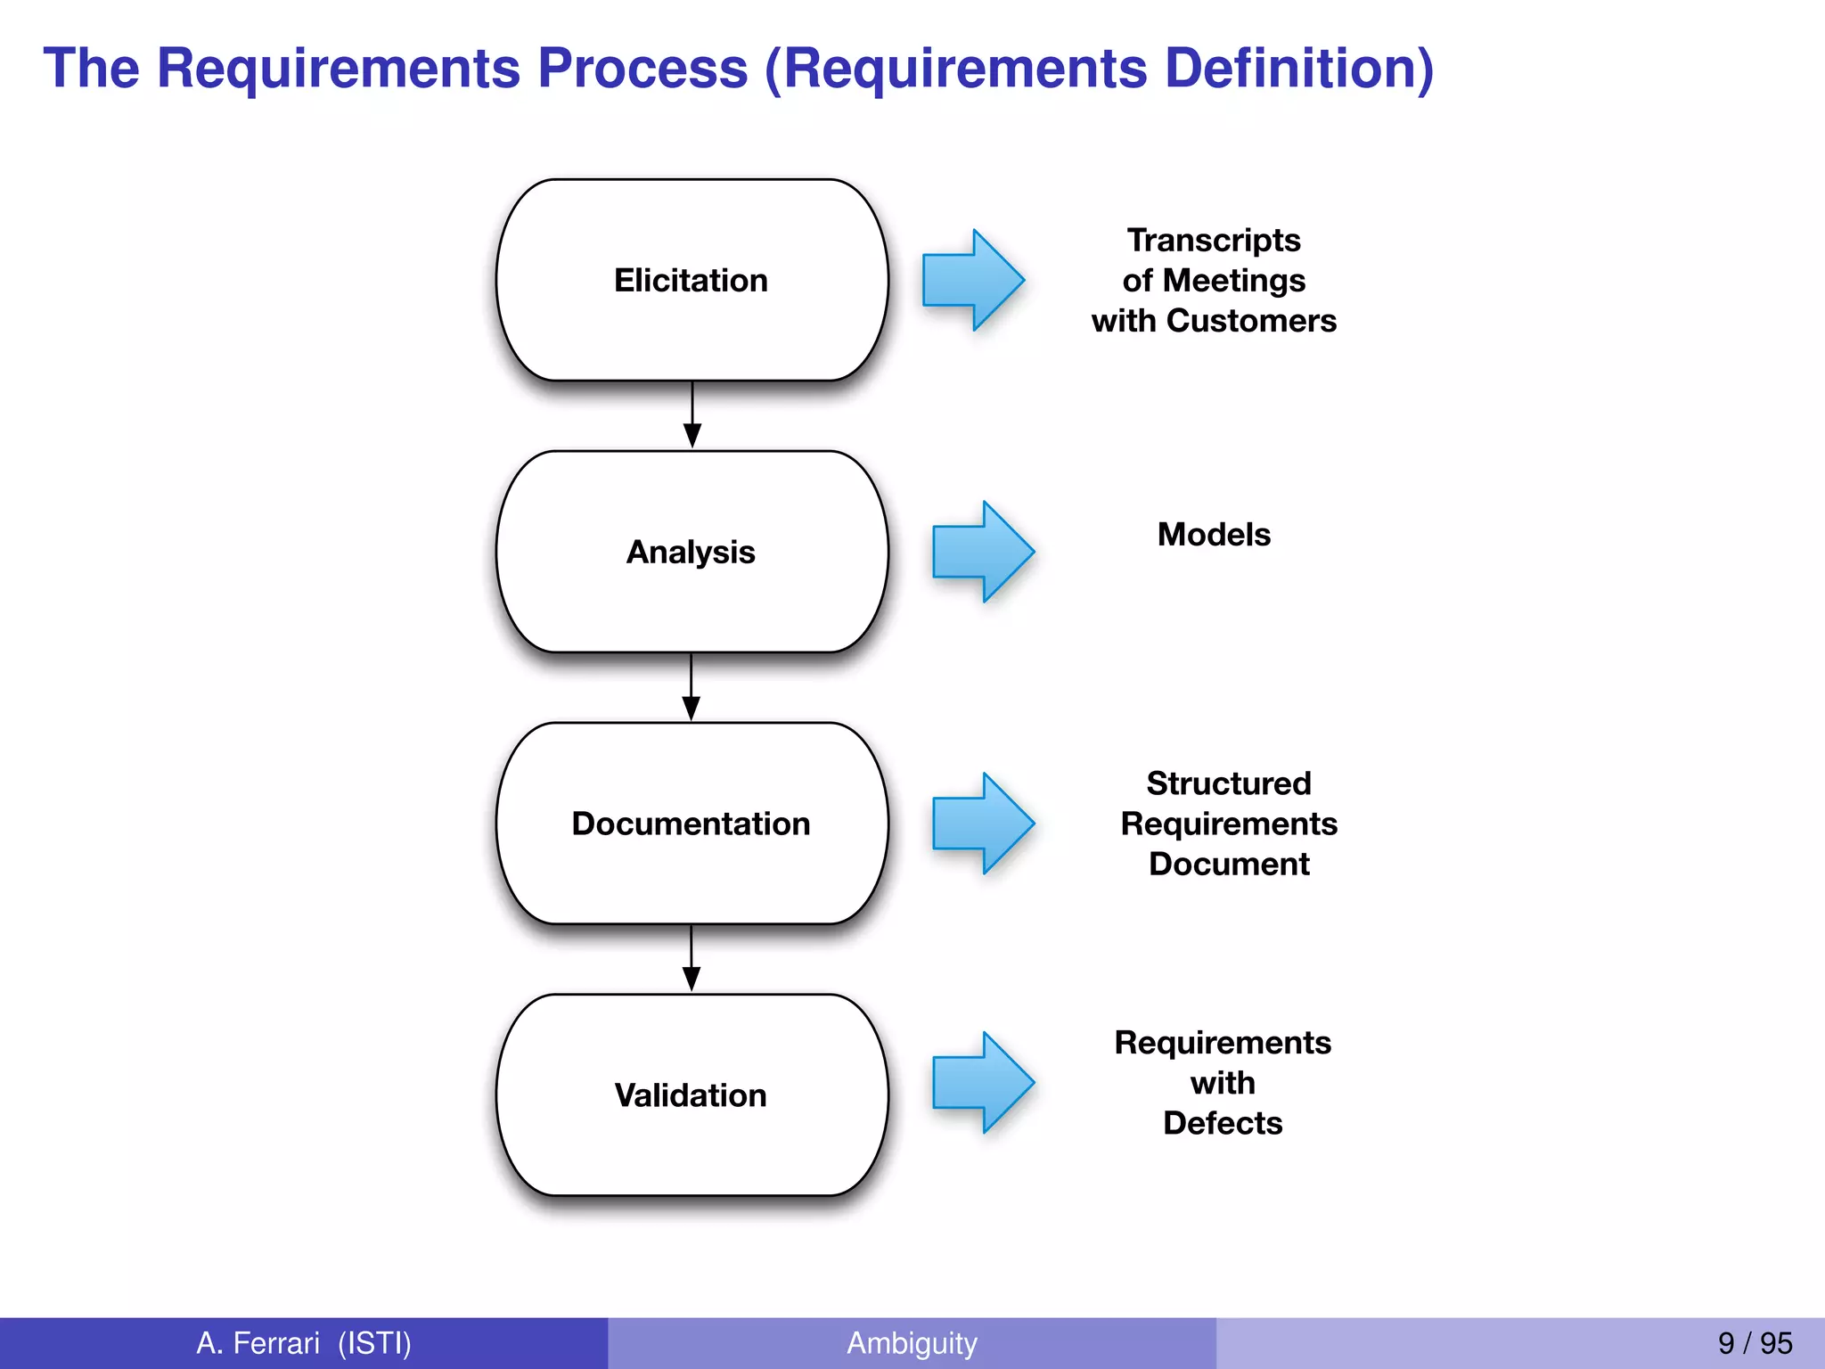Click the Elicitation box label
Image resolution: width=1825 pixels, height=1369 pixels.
691,281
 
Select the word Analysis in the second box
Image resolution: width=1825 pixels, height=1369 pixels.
691,553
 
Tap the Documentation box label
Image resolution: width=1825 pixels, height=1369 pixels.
691,824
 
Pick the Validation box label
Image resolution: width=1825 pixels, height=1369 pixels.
691,1095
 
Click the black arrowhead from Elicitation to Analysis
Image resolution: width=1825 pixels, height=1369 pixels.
692,436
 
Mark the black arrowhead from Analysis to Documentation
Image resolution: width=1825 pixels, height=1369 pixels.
692,708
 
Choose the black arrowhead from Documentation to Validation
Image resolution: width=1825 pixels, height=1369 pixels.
692,979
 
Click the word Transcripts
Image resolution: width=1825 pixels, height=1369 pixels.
1214,241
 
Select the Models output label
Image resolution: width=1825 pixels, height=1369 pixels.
1214,535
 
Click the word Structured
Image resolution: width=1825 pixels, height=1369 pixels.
1229,783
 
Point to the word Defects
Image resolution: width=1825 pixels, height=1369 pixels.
1223,1123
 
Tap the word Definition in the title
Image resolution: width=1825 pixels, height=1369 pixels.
1290,69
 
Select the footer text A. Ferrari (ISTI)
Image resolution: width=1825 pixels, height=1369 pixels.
304,1343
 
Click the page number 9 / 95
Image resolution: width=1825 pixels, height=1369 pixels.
1755,1343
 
